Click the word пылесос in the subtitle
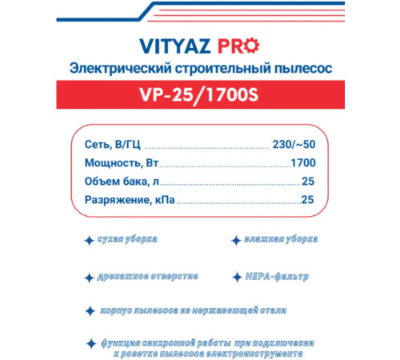[302, 66]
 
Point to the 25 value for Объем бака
[307, 182]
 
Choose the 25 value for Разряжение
[307, 202]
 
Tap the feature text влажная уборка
[281, 239]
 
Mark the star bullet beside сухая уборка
[89, 239]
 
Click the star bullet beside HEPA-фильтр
[236, 277]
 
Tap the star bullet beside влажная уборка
[236, 240]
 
